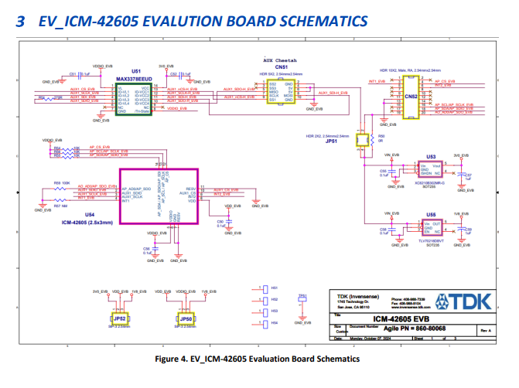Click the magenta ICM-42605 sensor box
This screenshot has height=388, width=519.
[158, 196]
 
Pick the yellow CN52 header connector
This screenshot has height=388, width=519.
[411, 97]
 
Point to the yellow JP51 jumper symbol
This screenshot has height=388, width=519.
[360, 139]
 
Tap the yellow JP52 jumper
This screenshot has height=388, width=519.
[119, 318]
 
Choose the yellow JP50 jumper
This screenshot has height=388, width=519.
[186, 318]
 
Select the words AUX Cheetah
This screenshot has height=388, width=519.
[280, 60]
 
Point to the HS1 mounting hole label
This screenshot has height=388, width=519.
[274, 288]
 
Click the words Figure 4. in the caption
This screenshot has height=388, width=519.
[175, 359]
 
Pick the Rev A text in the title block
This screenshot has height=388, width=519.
[485, 330]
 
